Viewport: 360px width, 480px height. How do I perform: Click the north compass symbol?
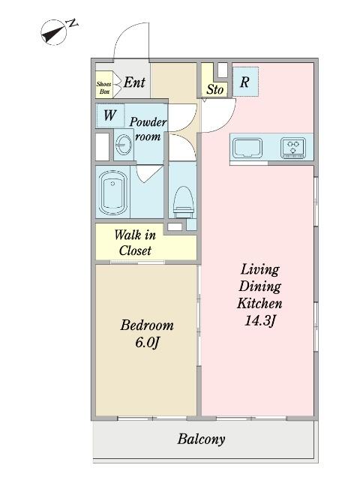coord(53,32)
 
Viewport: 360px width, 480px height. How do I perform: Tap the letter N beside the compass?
coord(72,23)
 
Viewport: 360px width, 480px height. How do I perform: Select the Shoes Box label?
coord(103,87)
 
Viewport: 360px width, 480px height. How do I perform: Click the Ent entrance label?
coord(134,82)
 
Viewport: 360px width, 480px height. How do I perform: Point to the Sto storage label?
coord(215,89)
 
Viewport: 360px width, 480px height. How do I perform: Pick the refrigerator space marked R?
coord(245,82)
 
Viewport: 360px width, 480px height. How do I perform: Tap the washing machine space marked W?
coord(110,115)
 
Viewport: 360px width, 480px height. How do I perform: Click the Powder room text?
coord(148,129)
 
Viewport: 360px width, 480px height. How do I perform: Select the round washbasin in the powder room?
coord(124,145)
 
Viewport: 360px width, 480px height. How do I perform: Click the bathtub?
coord(113,193)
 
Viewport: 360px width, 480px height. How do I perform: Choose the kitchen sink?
coord(247,148)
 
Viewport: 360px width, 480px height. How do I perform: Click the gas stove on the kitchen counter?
coord(293,148)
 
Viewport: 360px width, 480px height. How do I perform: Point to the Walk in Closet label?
coord(135,243)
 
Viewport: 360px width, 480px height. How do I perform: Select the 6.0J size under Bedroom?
coord(147,343)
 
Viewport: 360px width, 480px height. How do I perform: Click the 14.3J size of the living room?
coord(260,320)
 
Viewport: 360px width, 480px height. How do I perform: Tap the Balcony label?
coord(201,439)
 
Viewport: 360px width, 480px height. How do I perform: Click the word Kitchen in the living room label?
coord(259,303)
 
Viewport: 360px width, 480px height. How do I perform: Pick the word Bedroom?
coord(147,325)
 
